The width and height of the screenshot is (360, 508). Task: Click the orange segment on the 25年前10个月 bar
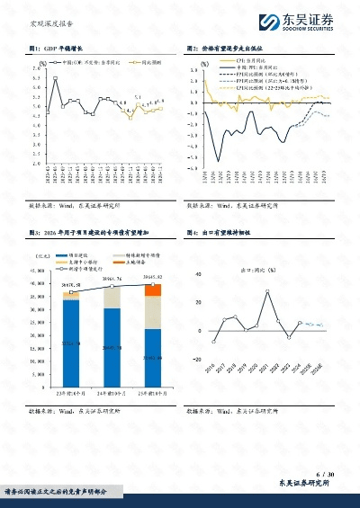153,290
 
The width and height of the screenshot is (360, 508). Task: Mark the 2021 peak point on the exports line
267,291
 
